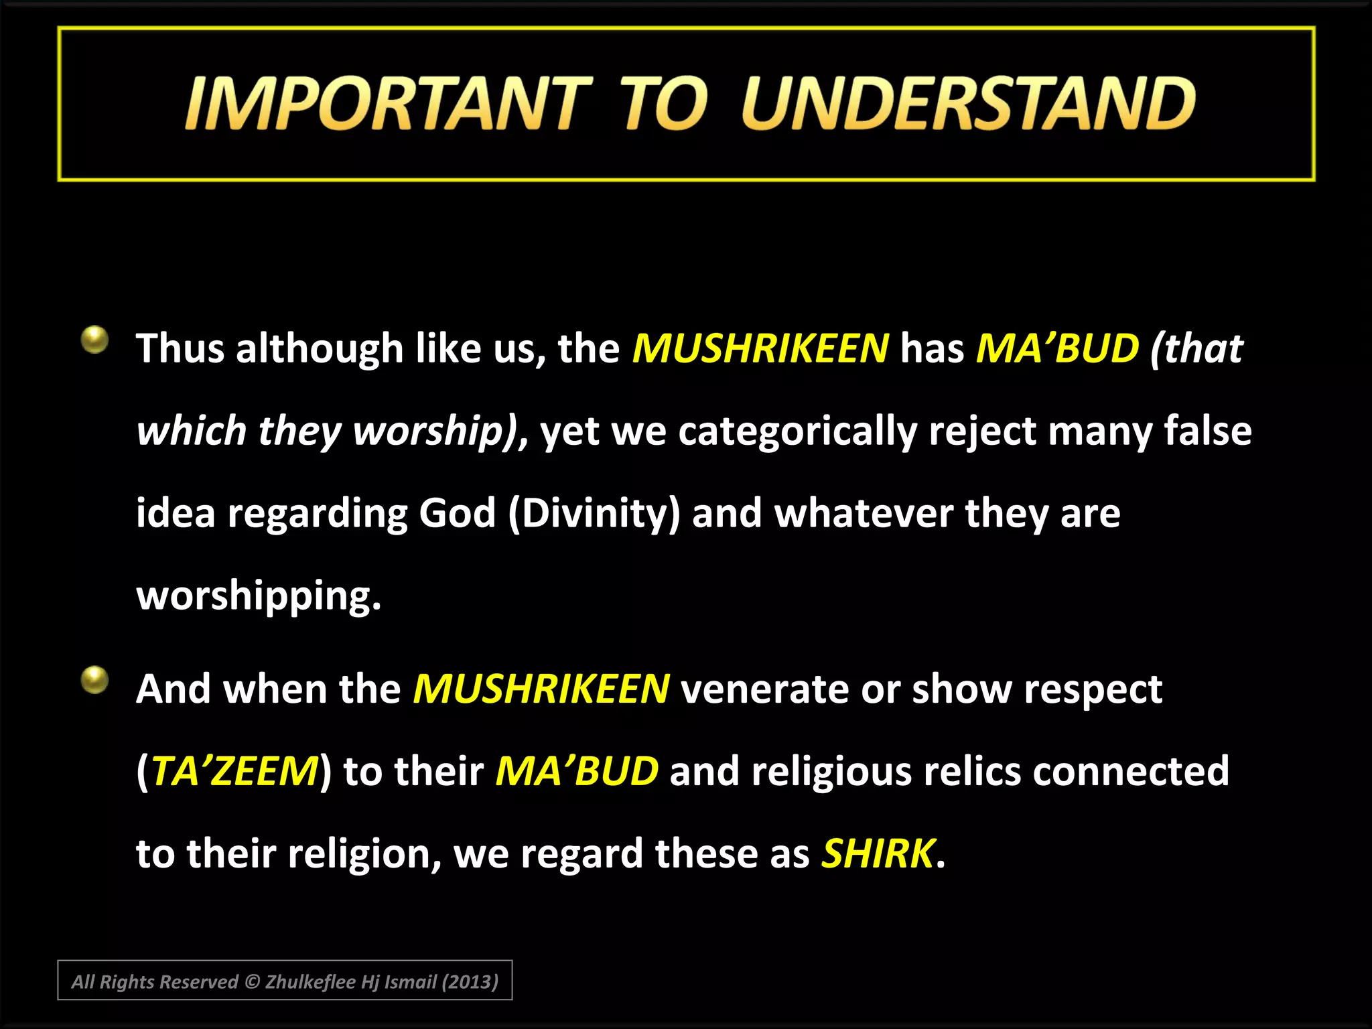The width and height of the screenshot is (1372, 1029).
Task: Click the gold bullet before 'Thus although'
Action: (x=94, y=340)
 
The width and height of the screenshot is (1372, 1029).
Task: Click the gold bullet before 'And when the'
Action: (x=94, y=681)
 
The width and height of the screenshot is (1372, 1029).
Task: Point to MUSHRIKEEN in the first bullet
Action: (x=760, y=348)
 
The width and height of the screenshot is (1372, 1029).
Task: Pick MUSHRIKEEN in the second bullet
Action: (x=541, y=689)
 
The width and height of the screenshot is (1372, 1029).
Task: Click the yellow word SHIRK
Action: (x=878, y=853)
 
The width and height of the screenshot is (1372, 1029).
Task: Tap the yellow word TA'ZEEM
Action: (x=234, y=772)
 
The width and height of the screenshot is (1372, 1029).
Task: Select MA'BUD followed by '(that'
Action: (x=1057, y=348)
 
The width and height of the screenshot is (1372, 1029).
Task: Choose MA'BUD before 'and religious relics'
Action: (x=577, y=772)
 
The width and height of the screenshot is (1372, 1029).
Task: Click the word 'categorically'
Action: (x=797, y=431)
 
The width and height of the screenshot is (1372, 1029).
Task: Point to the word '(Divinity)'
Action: (x=594, y=513)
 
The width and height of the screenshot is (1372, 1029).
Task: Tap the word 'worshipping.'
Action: (x=259, y=596)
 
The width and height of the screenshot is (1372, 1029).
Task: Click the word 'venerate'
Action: (x=764, y=689)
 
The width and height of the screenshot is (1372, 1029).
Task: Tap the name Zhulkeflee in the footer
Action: (x=310, y=981)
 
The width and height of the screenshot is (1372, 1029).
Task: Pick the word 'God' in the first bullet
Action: (x=457, y=513)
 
